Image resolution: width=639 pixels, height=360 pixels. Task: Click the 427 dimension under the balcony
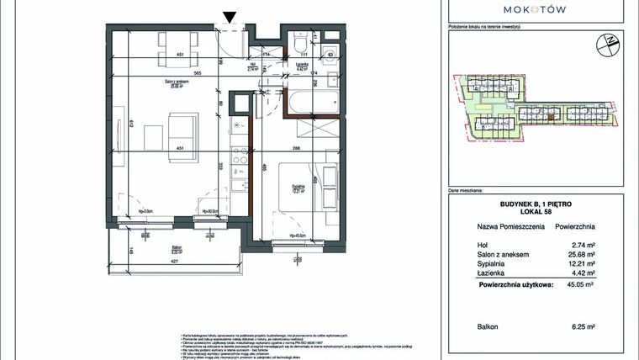pyautogui.click(x=178, y=261)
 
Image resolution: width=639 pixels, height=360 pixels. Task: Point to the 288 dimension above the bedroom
pyautogui.click(x=296, y=148)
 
